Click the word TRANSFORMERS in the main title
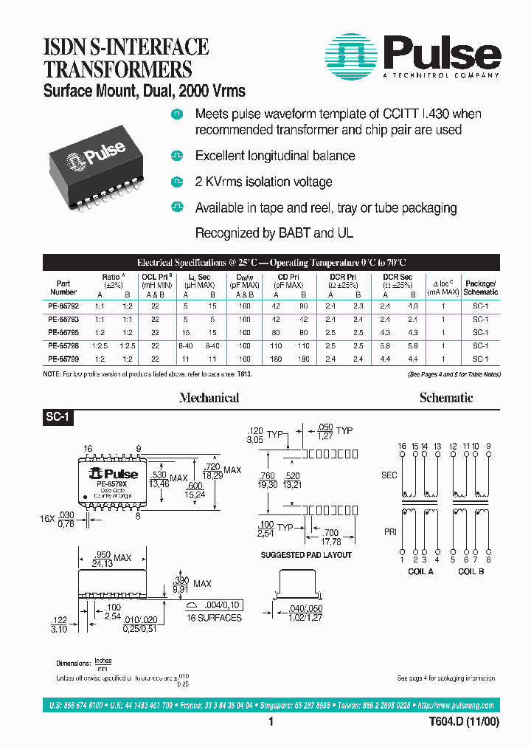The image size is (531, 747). pos(108,70)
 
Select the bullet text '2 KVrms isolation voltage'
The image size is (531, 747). pos(263,182)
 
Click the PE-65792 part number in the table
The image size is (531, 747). pos(63,305)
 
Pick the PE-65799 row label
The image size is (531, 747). pos(63,358)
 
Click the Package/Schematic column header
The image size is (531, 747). pos(480,288)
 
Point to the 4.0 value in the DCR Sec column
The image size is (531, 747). pos(412,305)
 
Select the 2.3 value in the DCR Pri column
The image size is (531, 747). pos(358,305)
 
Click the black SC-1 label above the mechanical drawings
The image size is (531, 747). pos(57,417)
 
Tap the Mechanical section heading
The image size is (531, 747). pos(209,398)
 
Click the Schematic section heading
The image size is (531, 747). pos(445,398)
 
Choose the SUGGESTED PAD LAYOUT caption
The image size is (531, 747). pos(306,555)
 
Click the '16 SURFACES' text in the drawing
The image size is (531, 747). pos(214,617)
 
